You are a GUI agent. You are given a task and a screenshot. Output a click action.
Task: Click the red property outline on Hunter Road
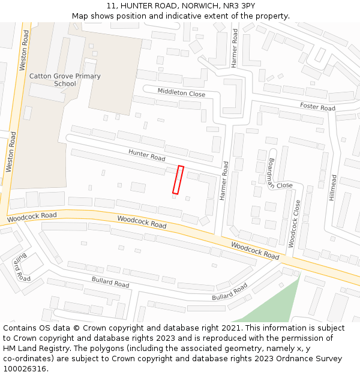tap(178, 180)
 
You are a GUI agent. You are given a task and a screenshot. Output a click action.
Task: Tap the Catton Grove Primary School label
tap(65, 80)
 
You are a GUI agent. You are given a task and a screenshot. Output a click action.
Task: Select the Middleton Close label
tap(181, 93)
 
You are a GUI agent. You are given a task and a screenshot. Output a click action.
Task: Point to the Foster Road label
tap(317, 107)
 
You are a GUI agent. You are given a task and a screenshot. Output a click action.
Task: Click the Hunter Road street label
tap(146, 155)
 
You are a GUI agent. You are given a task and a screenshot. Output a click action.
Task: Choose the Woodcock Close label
tap(293, 224)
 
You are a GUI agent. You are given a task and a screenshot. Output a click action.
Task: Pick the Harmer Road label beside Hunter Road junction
tap(224, 181)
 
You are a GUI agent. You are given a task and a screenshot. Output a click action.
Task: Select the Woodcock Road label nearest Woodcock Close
tap(255, 251)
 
